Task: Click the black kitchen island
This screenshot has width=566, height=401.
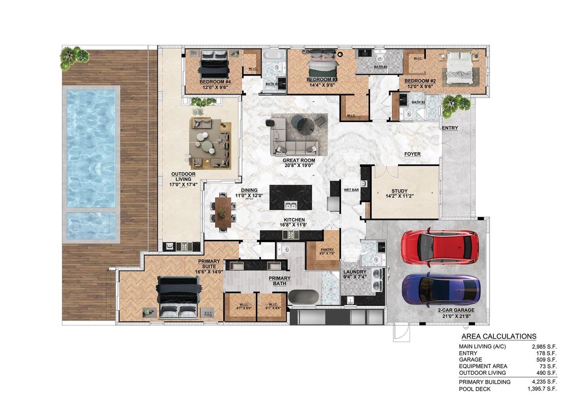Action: click(291, 198)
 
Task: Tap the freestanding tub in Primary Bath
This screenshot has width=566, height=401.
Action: click(303, 297)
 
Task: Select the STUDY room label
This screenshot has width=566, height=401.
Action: click(399, 191)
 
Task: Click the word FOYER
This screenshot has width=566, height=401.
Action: click(412, 154)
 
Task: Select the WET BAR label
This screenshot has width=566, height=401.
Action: click(351, 190)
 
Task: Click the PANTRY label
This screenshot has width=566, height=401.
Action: click(327, 249)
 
